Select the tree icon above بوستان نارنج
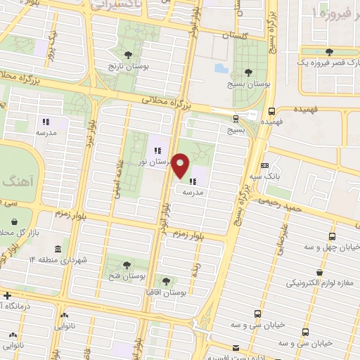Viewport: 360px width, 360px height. (x=127, y=55)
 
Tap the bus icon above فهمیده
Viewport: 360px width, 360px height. (x=272, y=110)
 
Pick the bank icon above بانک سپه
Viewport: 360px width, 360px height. (x=264, y=165)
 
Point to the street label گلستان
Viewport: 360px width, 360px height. (x=236, y=34)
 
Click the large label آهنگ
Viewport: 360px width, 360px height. (x=15, y=181)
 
